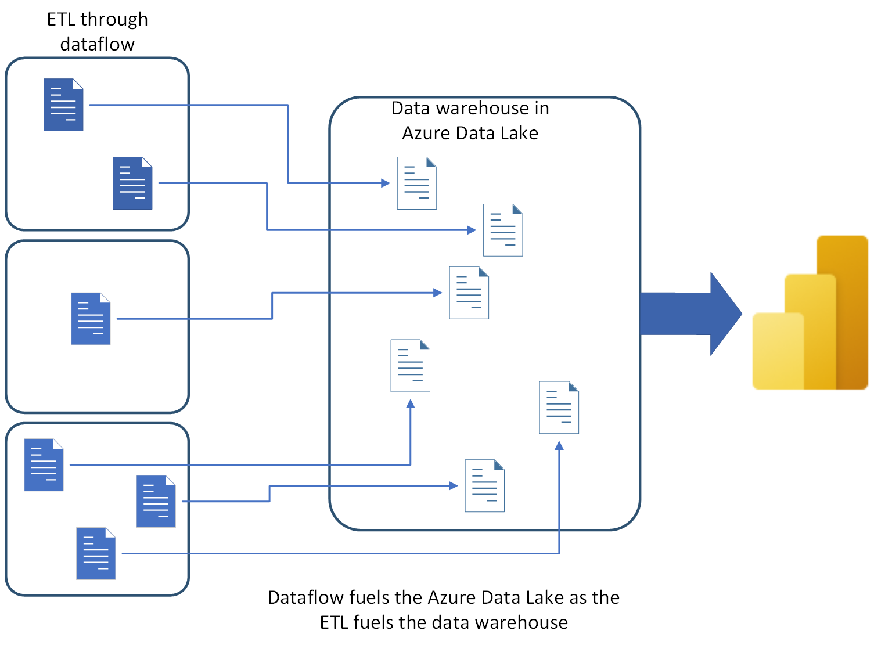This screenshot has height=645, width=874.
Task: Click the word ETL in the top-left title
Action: pyautogui.click(x=61, y=19)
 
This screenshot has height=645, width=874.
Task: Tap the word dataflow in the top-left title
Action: pyautogui.click(x=97, y=44)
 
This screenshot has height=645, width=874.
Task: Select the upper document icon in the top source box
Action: pyautogui.click(x=63, y=105)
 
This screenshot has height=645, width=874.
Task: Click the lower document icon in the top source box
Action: pyautogui.click(x=132, y=183)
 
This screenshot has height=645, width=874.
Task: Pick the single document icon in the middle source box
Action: pyautogui.click(x=91, y=319)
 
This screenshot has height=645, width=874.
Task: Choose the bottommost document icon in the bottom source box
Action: pyautogui.click(x=96, y=553)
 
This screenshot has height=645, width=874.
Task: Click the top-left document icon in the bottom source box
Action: pyautogui.click(x=44, y=464)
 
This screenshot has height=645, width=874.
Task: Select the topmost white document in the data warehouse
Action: pyautogui.click(x=416, y=183)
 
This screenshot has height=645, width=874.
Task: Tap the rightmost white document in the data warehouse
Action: pyautogui.click(x=559, y=407)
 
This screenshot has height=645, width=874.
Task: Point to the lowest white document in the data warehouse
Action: pyautogui.click(x=484, y=485)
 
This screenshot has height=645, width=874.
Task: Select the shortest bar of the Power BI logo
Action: pyautogui.click(x=778, y=351)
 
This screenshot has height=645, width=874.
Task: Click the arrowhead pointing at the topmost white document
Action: pyautogui.click(x=385, y=183)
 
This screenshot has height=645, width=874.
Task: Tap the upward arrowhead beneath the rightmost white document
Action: pyautogui.click(x=559, y=446)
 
